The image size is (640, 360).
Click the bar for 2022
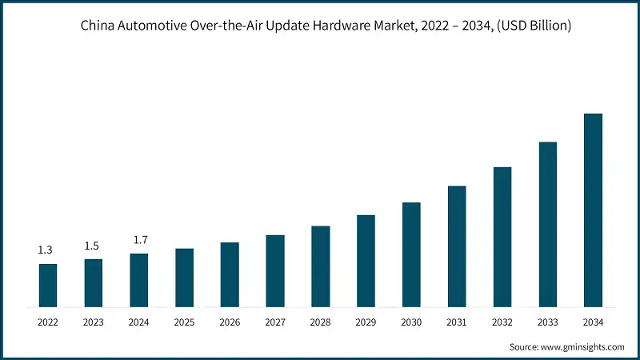pos(48,286)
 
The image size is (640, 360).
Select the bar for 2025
pos(184,278)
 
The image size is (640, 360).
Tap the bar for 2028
pos(320,266)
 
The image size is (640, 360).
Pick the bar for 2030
pos(411,254)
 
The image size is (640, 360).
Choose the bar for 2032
pos(502,237)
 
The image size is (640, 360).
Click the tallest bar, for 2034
pos(593,210)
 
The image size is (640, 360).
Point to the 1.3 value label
pos(46,251)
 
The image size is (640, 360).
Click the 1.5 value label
pos(91,246)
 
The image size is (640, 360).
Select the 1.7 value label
pos(139,240)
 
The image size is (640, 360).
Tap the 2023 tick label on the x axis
pos(94,322)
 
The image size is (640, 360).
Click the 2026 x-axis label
pos(230,322)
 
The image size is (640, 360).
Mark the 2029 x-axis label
pos(366,322)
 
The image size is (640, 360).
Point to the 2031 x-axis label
pos(457,322)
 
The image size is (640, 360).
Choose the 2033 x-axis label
pos(547,322)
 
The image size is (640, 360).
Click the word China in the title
pos(97,26)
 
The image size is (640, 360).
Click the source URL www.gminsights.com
pos(583,346)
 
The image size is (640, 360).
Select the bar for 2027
pos(275,271)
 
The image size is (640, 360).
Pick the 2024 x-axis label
pos(139,322)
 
